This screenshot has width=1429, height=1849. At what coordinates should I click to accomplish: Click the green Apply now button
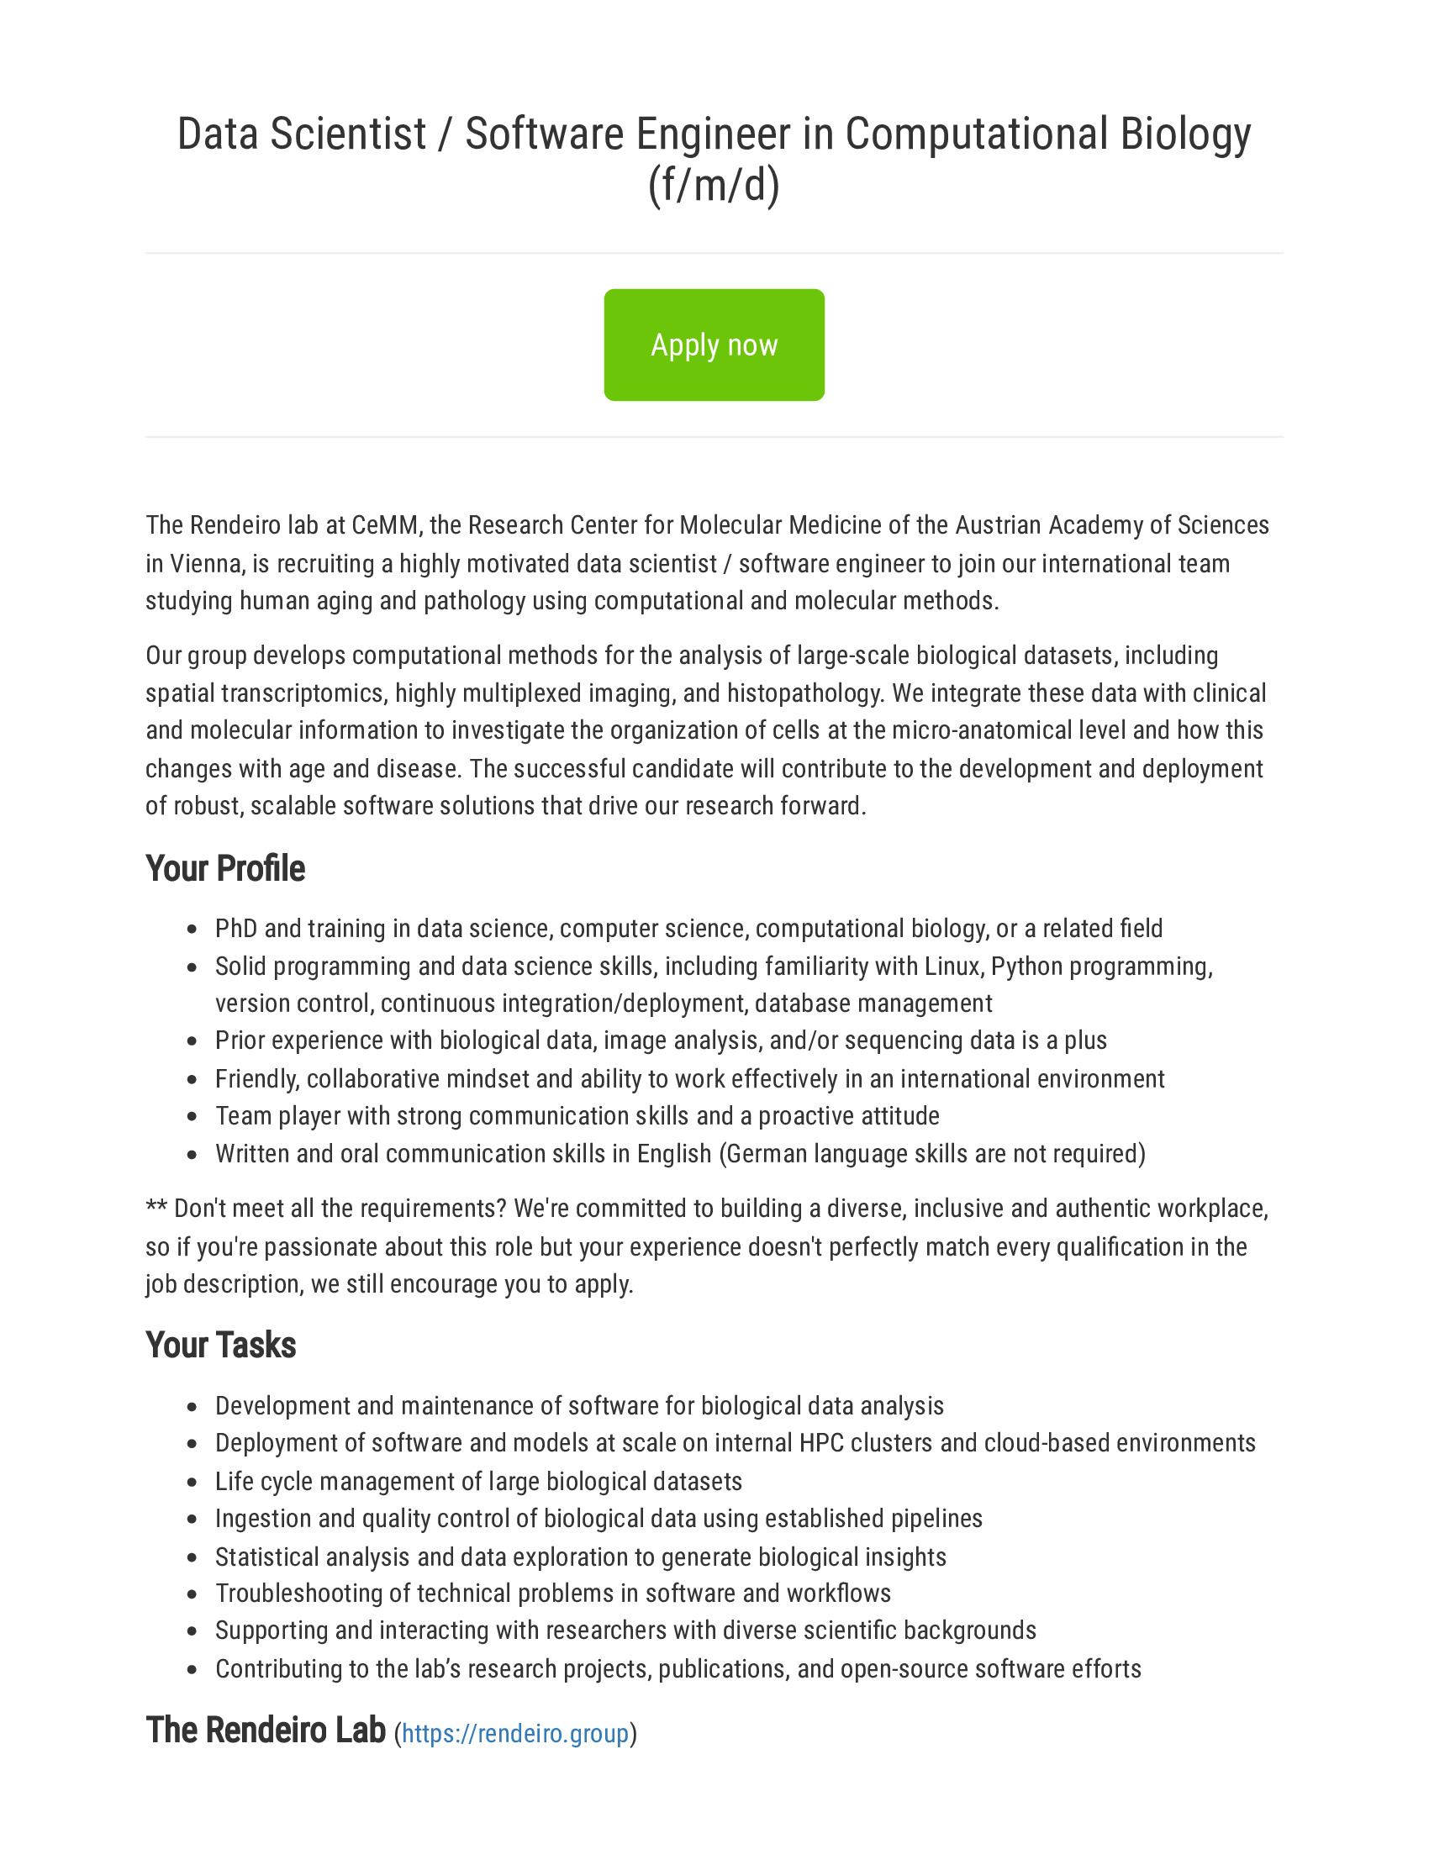click(x=714, y=345)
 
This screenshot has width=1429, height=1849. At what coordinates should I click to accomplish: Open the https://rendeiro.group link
click(x=514, y=1734)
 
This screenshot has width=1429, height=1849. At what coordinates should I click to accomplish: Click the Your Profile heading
click(x=225, y=869)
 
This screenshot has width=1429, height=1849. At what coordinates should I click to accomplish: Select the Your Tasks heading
click(x=221, y=1346)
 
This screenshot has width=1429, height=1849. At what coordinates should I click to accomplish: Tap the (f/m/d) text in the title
click(x=714, y=185)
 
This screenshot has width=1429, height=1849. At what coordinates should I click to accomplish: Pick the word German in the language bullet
click(x=767, y=1154)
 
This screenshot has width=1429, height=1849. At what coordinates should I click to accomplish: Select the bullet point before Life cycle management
click(x=192, y=1483)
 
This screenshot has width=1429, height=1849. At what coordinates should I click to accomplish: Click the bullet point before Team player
click(x=192, y=1117)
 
